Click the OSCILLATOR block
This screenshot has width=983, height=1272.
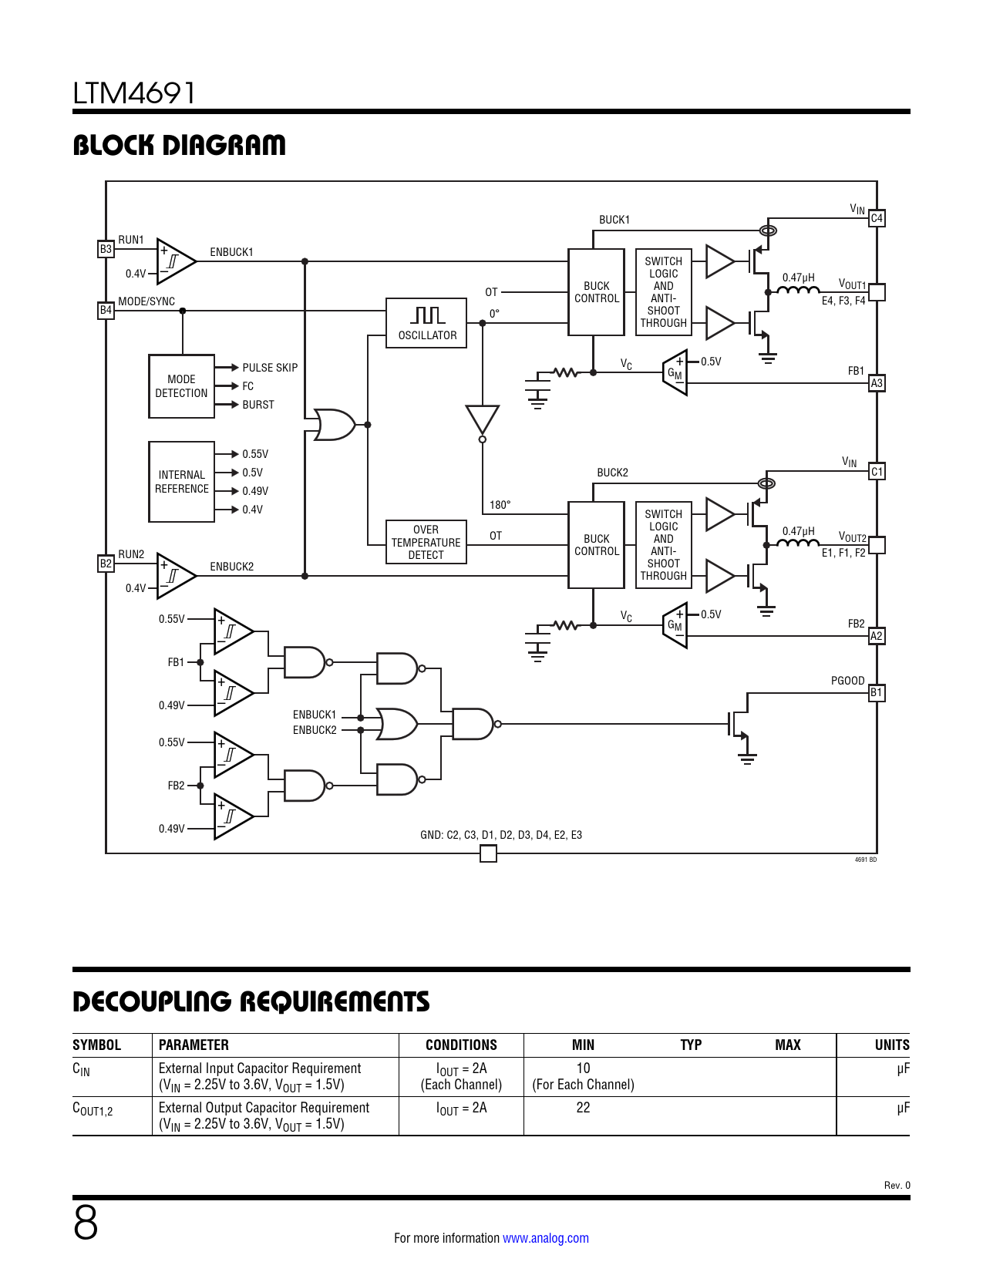426,323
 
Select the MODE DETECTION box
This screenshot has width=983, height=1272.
181,386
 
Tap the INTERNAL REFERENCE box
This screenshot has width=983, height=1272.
181,482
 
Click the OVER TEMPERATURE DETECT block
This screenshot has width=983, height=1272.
426,542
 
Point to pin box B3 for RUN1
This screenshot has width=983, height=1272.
106,249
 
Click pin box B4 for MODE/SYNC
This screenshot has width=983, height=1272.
106,310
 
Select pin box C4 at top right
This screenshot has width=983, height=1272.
877,218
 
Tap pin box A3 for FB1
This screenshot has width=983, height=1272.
877,383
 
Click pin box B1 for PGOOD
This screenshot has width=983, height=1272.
877,692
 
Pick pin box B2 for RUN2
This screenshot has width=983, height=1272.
106,564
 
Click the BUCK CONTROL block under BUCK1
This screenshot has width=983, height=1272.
596,292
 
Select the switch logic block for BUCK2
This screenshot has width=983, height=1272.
663,545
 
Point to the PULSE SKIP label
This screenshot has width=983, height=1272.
270,368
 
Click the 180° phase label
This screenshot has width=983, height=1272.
500,505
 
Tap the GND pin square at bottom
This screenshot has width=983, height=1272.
488,853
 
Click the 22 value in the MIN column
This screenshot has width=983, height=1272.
583,1108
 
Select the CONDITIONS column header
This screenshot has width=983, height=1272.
461,1045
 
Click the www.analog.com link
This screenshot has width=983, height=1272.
546,1238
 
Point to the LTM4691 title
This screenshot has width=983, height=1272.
134,93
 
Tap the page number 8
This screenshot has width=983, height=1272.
86,1223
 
